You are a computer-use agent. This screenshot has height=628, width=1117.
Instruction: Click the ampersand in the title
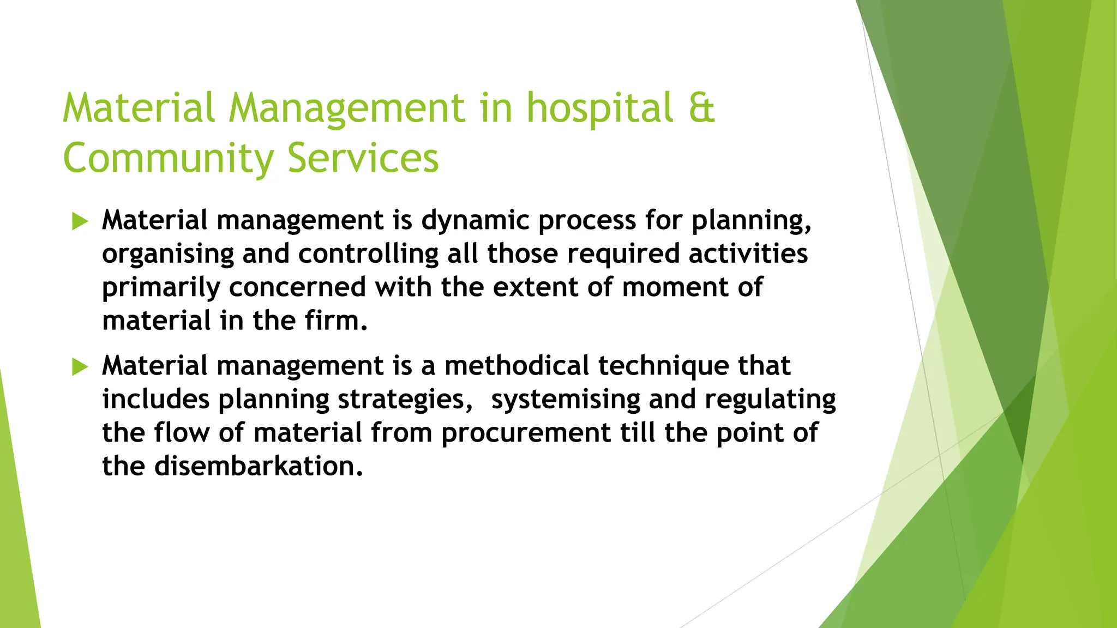(x=701, y=108)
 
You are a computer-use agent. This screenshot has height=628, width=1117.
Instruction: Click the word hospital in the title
(x=599, y=108)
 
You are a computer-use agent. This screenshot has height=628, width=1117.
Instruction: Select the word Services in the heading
(x=363, y=159)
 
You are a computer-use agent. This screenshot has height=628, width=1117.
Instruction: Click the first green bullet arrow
(x=80, y=221)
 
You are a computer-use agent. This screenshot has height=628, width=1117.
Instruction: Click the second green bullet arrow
(x=80, y=367)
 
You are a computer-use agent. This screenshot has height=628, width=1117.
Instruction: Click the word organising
(x=168, y=254)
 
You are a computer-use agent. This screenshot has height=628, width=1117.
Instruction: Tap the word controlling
(x=368, y=254)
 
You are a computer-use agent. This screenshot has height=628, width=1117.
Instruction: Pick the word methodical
(x=517, y=366)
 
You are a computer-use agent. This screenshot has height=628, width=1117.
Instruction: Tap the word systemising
(x=566, y=400)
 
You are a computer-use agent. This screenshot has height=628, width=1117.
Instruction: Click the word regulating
(x=770, y=400)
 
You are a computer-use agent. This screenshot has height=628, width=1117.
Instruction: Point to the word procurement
(x=526, y=433)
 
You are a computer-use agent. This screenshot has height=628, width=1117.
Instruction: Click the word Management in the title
(x=346, y=108)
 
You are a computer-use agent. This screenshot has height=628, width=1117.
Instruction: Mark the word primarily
(x=161, y=287)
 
